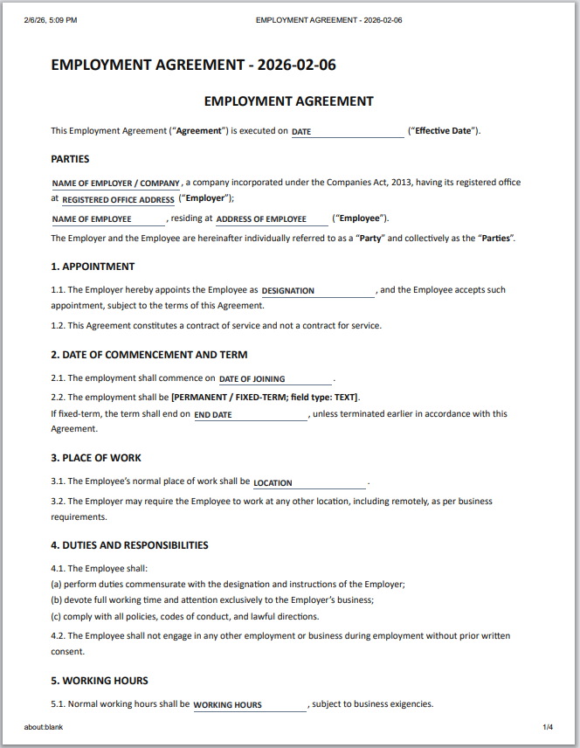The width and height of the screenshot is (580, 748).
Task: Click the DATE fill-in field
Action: point(347,132)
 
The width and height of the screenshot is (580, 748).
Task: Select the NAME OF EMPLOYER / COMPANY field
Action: point(116,184)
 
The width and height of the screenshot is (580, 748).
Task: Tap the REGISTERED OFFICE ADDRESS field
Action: point(118,200)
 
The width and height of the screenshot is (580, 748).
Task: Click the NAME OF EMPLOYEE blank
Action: point(108,219)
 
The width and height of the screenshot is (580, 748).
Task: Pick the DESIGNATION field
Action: point(317,291)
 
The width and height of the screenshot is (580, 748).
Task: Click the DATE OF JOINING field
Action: point(274,379)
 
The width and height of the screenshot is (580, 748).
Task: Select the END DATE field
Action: point(250,415)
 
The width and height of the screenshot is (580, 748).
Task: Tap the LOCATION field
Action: point(308,482)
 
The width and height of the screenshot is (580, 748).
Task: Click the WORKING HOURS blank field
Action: point(249,705)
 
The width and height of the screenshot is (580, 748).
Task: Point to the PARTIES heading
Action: point(70,159)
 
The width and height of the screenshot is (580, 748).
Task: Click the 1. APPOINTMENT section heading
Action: point(93,267)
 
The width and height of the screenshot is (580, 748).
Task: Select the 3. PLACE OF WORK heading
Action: point(96,458)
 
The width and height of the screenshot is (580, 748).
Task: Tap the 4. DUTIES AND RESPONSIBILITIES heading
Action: point(129,545)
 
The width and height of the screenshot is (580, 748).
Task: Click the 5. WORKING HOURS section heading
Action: point(100,681)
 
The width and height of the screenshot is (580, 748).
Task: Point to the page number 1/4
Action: point(549,727)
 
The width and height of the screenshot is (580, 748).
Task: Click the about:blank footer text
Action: point(44,727)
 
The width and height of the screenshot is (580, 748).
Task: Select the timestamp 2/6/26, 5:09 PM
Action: point(51,19)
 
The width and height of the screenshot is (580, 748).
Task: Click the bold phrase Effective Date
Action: point(443,131)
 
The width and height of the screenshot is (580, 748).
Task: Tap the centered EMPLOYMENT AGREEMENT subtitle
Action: point(289,101)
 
